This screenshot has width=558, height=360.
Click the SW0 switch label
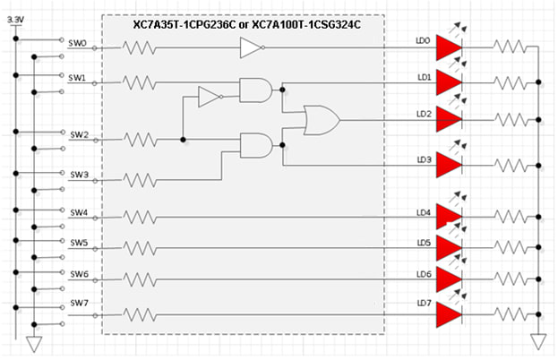point(79,43)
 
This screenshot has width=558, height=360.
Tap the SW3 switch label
point(79,175)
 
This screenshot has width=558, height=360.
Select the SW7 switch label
point(79,304)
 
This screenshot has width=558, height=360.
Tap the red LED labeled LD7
point(449,314)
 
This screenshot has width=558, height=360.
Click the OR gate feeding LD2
point(322,119)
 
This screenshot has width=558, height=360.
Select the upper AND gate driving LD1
point(255,90)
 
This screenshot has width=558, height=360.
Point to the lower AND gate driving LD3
point(255,145)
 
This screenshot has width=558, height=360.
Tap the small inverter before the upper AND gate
point(209,95)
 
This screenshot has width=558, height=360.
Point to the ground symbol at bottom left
point(35,344)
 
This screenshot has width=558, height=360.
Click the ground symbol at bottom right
point(538,342)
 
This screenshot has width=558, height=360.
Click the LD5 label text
point(424,242)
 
